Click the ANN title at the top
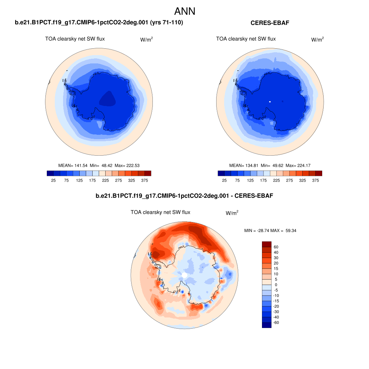[x=184, y=11]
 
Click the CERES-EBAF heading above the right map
[x=270, y=23]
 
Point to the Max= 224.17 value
[x=298, y=165]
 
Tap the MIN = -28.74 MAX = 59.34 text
[x=270, y=230]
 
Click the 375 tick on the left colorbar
[x=145, y=180]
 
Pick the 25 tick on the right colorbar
[x=224, y=180]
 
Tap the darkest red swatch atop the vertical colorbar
[x=266, y=244]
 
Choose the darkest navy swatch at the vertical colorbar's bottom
[x=266, y=325]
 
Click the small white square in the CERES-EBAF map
[x=270, y=102]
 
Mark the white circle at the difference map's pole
[x=184, y=275]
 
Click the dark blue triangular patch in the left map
[x=108, y=98]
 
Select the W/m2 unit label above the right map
[x=317, y=40]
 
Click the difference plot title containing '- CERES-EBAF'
[x=184, y=196]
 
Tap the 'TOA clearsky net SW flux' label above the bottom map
[x=160, y=212]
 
